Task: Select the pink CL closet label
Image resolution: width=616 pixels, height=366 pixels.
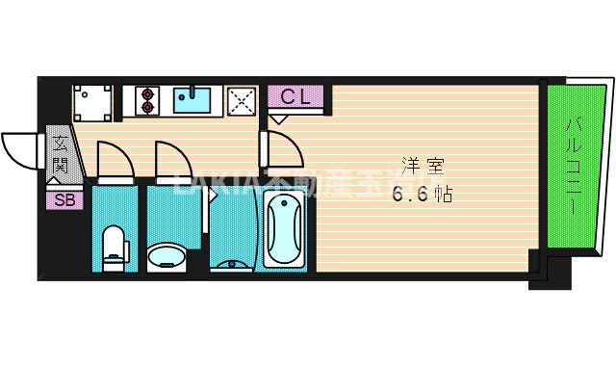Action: (x=295, y=96)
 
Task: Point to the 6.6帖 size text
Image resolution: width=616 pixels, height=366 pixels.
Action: (x=422, y=193)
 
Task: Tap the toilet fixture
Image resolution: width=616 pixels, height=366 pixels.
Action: (x=115, y=246)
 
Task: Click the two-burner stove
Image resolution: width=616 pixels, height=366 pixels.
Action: (x=146, y=100)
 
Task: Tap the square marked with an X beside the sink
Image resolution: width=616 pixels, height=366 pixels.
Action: (x=242, y=100)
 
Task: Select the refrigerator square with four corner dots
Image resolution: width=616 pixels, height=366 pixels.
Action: (x=93, y=101)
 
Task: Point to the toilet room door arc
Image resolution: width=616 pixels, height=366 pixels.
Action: (x=114, y=160)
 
